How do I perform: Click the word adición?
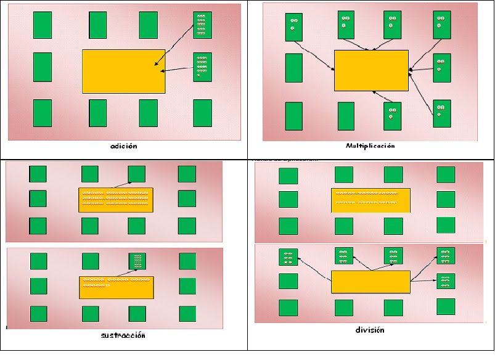pyautogui.click(x=123, y=147)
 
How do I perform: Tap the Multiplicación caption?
pyautogui.click(x=370, y=146)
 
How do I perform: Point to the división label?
pyautogui.click(x=370, y=330)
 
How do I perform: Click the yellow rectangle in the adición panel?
pyautogui.click(x=123, y=72)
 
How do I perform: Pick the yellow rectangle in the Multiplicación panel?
pyautogui.click(x=371, y=70)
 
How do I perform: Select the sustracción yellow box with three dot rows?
pyautogui.click(x=116, y=199)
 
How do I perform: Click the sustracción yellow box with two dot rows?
pyautogui.click(x=116, y=288)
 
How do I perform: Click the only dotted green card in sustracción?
pyautogui.click(x=137, y=262)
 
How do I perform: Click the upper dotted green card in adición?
pyautogui.click(x=202, y=25)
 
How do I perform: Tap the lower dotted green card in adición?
pyautogui.click(x=202, y=67)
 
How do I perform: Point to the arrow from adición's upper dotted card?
pyautogui.click(x=174, y=45)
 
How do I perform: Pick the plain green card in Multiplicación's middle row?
pyautogui.click(x=294, y=68)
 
